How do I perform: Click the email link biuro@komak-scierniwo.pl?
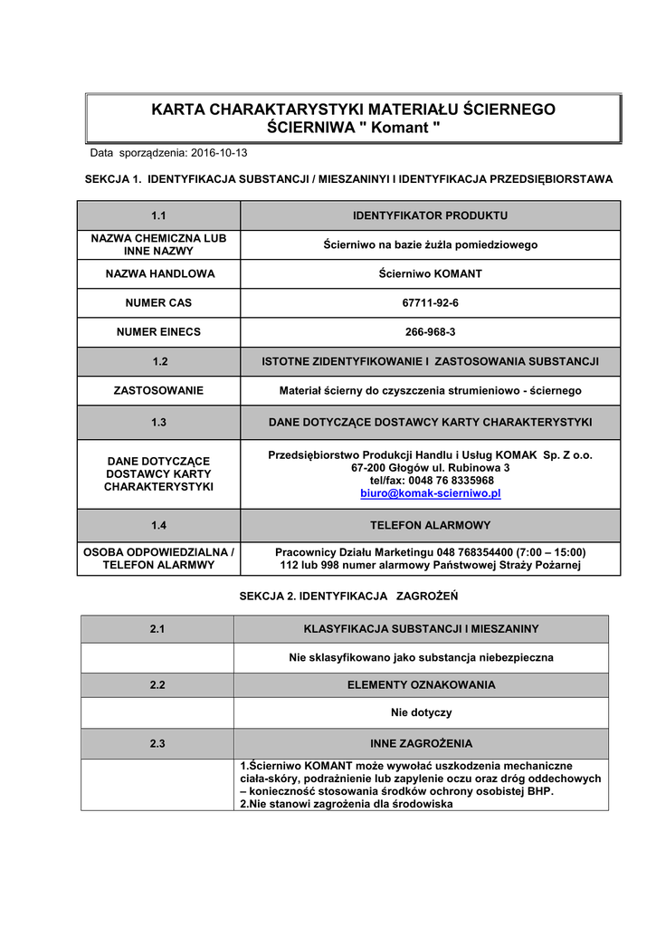pos(430,493)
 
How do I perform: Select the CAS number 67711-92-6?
pos(430,301)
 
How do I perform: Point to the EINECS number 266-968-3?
pos(430,331)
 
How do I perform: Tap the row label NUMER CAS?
pos(158,301)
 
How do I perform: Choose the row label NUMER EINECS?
pos(158,331)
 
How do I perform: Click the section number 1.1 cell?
pos(158,215)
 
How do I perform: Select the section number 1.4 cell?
pos(158,524)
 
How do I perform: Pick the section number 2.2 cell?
pos(157,684)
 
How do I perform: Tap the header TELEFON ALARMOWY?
pos(430,524)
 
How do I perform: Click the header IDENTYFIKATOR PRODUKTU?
pos(430,215)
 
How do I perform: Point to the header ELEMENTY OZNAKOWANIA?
pos(421,684)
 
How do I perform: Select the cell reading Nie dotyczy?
pos(421,712)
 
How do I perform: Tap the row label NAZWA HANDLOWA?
pos(158,273)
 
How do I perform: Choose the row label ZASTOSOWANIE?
pos(158,390)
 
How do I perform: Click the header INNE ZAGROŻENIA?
pos(421,743)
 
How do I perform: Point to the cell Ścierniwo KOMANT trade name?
pos(430,273)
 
